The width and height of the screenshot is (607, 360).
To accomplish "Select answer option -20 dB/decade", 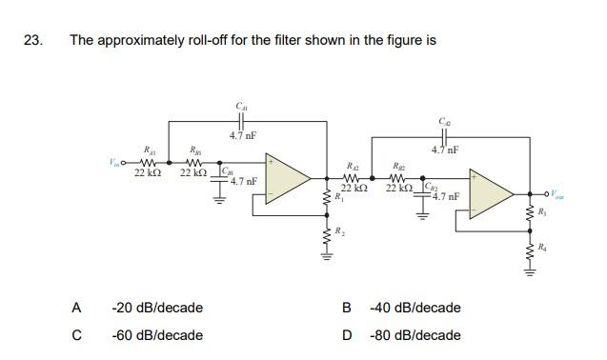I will (156, 308).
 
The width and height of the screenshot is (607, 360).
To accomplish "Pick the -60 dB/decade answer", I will (156, 335).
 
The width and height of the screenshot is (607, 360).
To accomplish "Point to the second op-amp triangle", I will (492, 193).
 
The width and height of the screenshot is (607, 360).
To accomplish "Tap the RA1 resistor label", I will (149, 150).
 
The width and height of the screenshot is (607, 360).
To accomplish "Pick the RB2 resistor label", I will (399, 165).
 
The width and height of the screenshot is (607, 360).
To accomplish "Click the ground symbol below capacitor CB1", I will (225, 198).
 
